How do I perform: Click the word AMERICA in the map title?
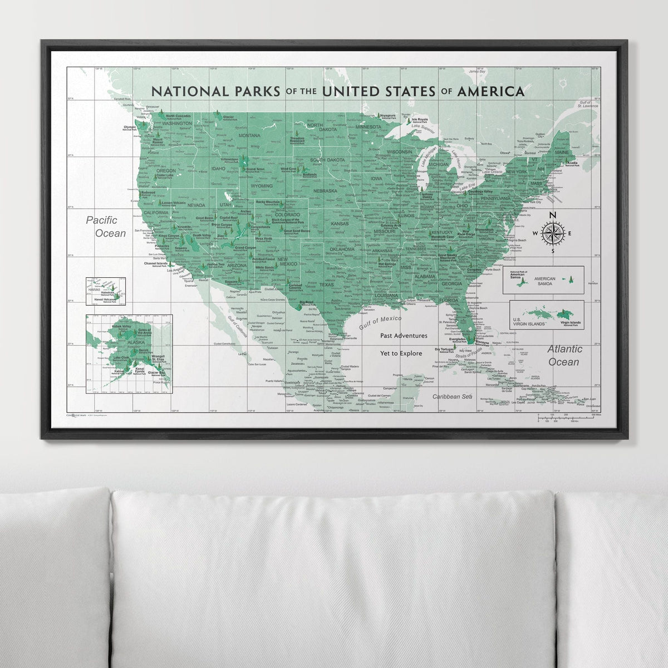490,91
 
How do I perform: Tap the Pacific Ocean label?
106,227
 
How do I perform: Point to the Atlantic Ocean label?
564,355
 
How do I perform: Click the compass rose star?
552,233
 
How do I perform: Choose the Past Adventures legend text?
404,336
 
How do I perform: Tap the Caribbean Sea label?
453,396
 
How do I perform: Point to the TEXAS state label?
327,285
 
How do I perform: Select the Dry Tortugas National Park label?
444,351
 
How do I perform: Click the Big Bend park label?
306,304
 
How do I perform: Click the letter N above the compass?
552,215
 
